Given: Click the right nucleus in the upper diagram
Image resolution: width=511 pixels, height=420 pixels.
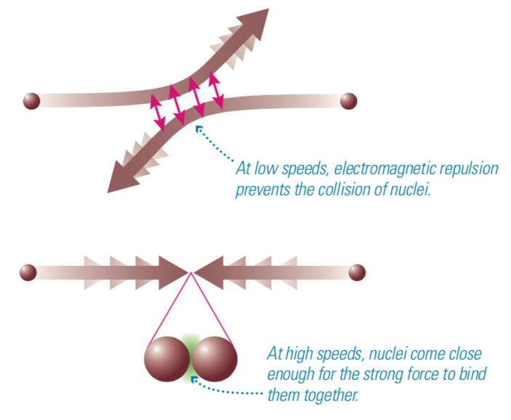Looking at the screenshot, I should click(x=349, y=100).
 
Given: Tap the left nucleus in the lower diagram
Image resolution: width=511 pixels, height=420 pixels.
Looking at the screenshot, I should click(x=28, y=272).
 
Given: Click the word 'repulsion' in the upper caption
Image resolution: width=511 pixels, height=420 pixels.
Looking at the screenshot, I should click(x=467, y=169).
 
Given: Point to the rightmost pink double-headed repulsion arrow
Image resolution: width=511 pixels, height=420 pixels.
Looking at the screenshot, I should click(x=215, y=89).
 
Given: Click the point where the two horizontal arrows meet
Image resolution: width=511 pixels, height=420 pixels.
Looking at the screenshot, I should click(x=191, y=272).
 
